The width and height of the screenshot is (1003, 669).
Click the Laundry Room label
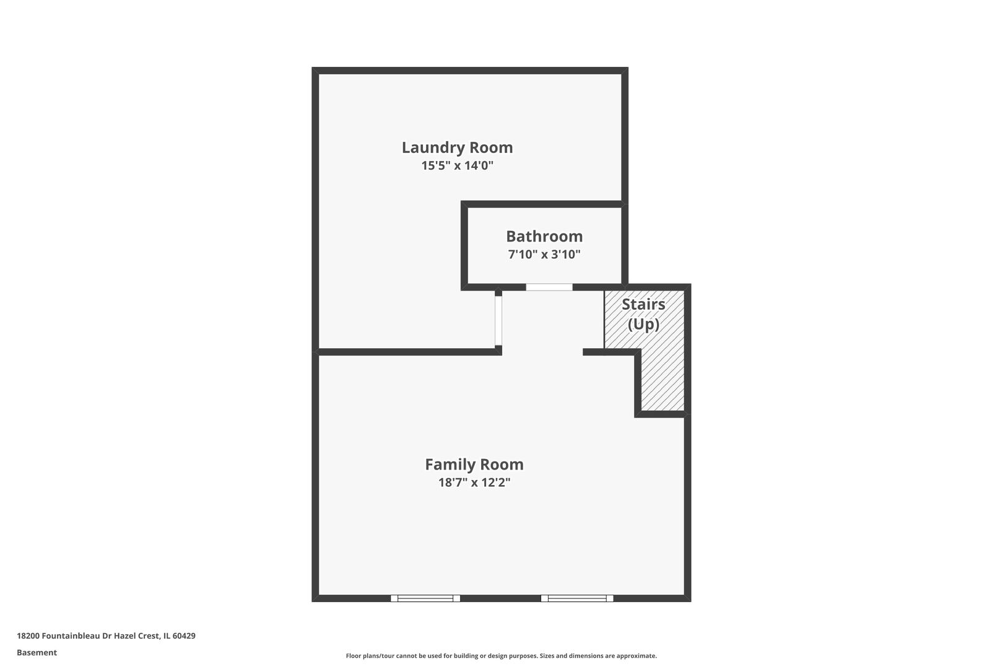click(x=457, y=147)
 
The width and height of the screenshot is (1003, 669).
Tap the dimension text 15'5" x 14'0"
click(x=457, y=166)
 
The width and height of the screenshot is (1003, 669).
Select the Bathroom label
click(x=544, y=237)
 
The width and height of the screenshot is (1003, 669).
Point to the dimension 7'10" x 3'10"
click(x=544, y=255)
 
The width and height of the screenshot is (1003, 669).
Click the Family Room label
click(x=474, y=465)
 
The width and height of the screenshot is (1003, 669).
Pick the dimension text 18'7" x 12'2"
click(x=474, y=483)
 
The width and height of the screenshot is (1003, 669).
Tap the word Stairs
click(x=643, y=305)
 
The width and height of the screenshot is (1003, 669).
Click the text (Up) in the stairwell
click(x=643, y=325)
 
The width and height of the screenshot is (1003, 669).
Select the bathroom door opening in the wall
click(x=549, y=287)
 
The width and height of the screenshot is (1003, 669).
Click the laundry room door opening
click(x=498, y=320)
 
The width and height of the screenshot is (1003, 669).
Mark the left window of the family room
click(x=425, y=598)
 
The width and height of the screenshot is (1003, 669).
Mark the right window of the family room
click(x=577, y=598)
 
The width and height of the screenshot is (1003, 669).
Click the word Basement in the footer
click(x=37, y=652)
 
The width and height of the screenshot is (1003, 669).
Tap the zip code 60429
click(x=184, y=636)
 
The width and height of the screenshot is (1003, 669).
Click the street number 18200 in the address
click(x=28, y=636)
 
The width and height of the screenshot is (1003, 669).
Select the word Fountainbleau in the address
click(x=71, y=636)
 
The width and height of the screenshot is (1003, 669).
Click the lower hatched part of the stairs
click(x=662, y=384)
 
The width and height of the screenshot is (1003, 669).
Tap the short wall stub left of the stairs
click(x=593, y=352)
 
